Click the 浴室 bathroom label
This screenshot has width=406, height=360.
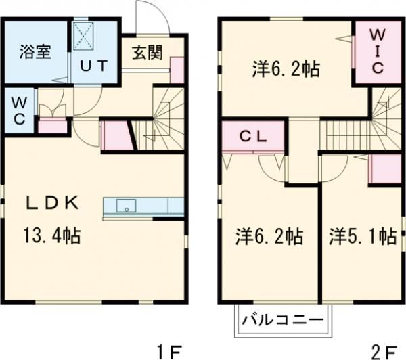[x=35, y=53]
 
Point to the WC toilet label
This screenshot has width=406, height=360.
[x=20, y=110]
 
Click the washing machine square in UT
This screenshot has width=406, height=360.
[x=86, y=36]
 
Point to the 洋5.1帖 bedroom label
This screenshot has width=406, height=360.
[x=363, y=237]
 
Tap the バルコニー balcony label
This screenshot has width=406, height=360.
[x=281, y=319]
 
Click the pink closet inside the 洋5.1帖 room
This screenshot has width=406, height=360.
[x=384, y=169]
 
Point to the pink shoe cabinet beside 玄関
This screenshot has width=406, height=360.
[x=177, y=70]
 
